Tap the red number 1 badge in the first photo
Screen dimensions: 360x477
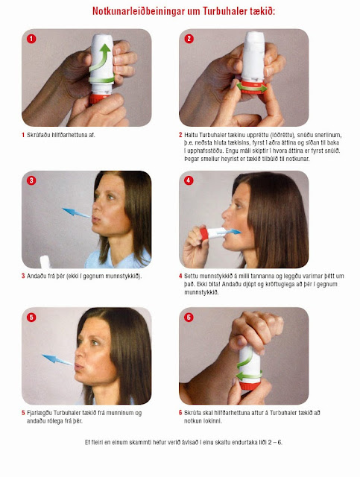tap(31, 39)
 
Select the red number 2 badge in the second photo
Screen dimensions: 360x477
tap(189, 39)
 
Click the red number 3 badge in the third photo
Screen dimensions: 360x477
tap(31, 180)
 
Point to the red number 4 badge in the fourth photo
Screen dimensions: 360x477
tap(189, 180)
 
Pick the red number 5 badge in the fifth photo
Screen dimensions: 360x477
tap(31, 318)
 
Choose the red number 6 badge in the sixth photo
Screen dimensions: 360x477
tap(189, 318)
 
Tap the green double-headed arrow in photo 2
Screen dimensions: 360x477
tap(252, 88)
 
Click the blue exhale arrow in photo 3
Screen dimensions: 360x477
tap(76, 212)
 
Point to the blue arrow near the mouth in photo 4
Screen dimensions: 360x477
tap(229, 233)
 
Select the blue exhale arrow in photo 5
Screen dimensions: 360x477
tap(57, 359)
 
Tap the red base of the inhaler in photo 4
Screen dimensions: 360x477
tap(204, 233)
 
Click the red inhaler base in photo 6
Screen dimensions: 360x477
tap(250, 385)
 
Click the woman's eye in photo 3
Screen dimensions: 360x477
tap(110, 198)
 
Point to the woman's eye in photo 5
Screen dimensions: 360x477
tap(95, 343)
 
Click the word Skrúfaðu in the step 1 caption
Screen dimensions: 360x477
tap(38, 135)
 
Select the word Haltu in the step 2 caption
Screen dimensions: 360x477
tap(191, 135)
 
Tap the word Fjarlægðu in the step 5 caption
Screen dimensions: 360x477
tap(40, 413)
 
